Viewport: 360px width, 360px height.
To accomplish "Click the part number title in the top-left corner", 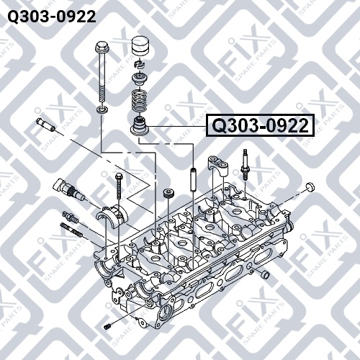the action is pos(52,17).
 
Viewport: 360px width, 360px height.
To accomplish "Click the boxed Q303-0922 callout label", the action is pos(261,125).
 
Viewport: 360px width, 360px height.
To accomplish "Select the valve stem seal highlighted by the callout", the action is pos(140,126).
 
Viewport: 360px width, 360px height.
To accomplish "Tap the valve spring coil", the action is pos(140,100).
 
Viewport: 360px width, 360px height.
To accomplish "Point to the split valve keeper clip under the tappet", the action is pos(140,64).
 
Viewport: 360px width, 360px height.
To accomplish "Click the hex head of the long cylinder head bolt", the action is pos(102,48).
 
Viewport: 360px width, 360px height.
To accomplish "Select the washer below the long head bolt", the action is pos(102,110).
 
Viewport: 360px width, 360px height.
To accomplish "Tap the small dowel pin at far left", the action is pos(45,125).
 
